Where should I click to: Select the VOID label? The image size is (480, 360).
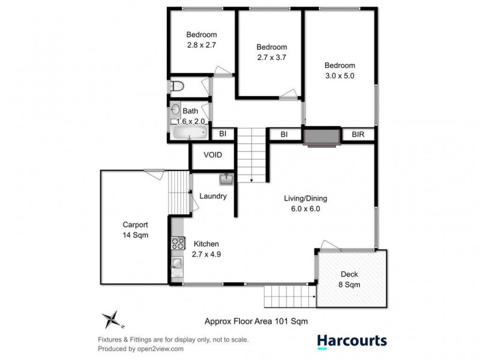[212, 155]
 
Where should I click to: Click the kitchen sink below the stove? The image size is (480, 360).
[178, 264]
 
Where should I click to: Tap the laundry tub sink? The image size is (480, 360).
[226, 179]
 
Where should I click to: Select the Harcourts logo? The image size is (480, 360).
[352, 341]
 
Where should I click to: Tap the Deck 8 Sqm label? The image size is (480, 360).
[349, 280]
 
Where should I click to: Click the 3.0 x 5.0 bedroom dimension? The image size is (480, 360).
[340, 76]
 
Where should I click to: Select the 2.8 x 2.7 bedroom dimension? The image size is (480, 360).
[201, 44]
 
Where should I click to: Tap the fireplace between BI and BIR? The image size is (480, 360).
[322, 136]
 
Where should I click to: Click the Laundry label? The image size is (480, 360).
[212, 196]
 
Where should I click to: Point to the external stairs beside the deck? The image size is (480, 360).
[289, 295]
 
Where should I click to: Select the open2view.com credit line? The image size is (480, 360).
[138, 349]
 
